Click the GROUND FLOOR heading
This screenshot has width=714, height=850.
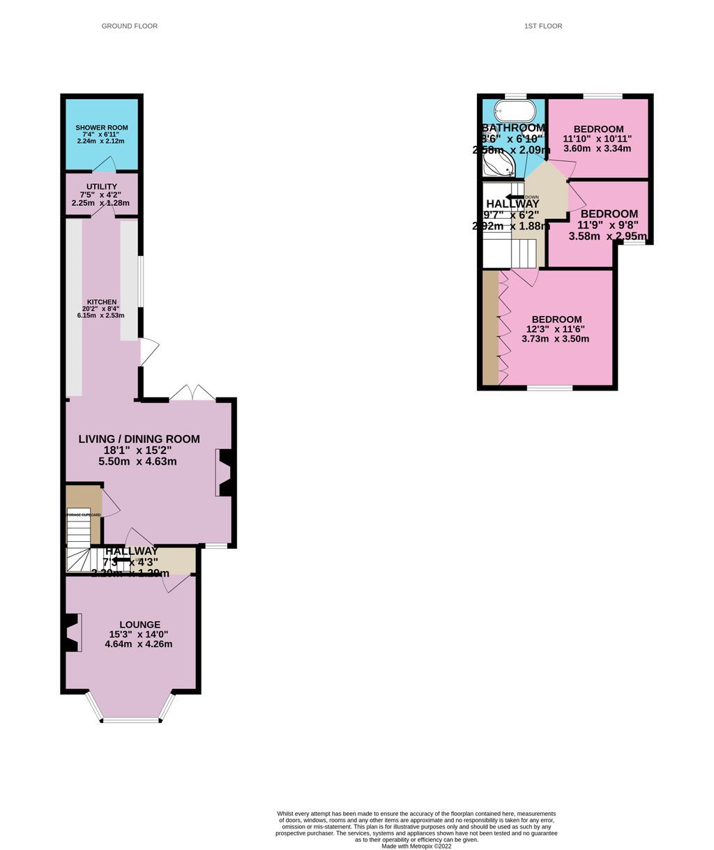(130, 26)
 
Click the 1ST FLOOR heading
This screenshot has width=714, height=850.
(543, 26)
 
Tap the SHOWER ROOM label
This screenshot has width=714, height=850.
(101, 128)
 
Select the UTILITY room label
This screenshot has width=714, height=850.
(102, 186)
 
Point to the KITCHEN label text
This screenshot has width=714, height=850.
(102, 302)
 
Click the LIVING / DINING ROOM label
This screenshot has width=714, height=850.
(139, 439)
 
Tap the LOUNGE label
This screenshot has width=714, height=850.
(139, 625)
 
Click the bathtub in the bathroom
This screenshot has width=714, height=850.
(515, 112)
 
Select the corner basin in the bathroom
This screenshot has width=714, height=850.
(500, 165)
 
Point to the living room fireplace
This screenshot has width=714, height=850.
(224, 473)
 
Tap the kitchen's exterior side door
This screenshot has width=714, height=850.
(149, 351)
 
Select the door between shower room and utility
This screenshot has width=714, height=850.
(105, 165)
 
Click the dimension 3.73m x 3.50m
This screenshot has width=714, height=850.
(555, 340)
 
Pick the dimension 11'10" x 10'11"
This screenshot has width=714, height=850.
(598, 139)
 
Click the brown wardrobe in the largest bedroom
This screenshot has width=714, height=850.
(491, 327)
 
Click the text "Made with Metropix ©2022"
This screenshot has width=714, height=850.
(416, 847)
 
